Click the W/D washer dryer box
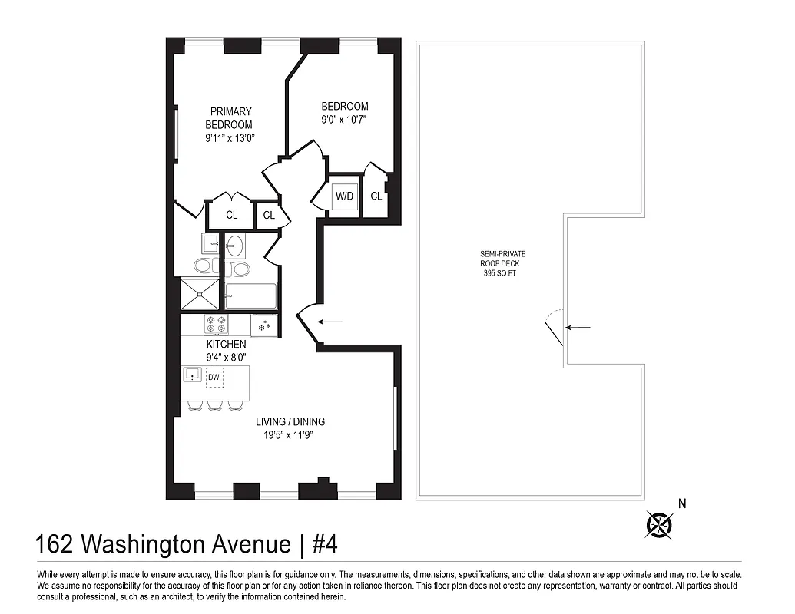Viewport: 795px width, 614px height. pyautogui.click(x=343, y=196)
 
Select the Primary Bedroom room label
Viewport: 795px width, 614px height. pyautogui.click(x=230, y=118)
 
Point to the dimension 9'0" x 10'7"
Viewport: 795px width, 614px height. pyautogui.click(x=344, y=120)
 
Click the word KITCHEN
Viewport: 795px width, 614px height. pyautogui.click(x=226, y=345)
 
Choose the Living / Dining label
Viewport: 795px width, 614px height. pyautogui.click(x=290, y=421)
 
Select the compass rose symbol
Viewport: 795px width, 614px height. pyautogui.click(x=658, y=524)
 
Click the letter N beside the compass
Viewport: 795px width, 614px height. pyautogui.click(x=681, y=504)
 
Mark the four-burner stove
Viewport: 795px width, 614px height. pyautogui.click(x=215, y=325)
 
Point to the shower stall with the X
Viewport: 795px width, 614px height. pyautogui.click(x=200, y=295)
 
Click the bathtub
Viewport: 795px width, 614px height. pyautogui.click(x=250, y=295)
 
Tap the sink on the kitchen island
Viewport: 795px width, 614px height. pyautogui.click(x=192, y=376)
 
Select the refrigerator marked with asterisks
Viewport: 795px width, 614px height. pyautogui.click(x=264, y=325)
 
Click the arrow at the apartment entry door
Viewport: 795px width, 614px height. pyautogui.click(x=330, y=322)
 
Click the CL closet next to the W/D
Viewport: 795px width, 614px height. pyautogui.click(x=376, y=196)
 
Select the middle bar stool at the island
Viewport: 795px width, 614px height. pyautogui.click(x=214, y=406)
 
